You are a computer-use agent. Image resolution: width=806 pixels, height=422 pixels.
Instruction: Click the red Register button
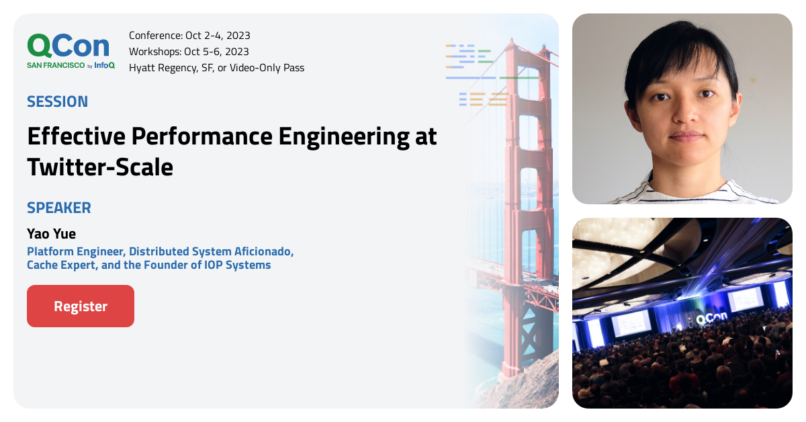click(x=81, y=306)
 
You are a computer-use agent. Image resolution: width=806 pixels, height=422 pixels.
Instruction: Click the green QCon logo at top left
click(x=68, y=46)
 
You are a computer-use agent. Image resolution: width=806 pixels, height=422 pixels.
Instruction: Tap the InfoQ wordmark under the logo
click(x=104, y=65)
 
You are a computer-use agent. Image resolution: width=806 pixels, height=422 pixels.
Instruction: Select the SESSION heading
click(x=57, y=101)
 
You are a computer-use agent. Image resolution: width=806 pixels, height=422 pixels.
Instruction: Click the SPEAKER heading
click(x=59, y=208)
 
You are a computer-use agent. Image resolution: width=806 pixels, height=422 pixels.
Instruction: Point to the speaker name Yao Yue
click(x=52, y=234)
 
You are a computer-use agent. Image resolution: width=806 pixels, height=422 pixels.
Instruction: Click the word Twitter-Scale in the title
click(x=100, y=167)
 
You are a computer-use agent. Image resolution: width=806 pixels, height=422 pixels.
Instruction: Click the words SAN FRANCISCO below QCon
click(x=56, y=65)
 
